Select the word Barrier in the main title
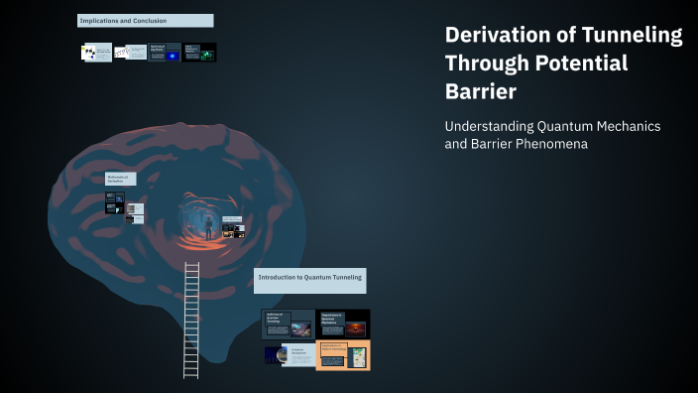[482, 91]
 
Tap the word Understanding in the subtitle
[490, 127]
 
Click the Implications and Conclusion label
[145, 21]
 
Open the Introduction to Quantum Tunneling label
[310, 280]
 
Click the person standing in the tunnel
[209, 226]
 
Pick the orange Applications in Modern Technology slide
[343, 354]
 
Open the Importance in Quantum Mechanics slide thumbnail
[343, 324]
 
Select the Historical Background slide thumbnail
[289, 354]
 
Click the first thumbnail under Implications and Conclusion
[96, 52]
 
